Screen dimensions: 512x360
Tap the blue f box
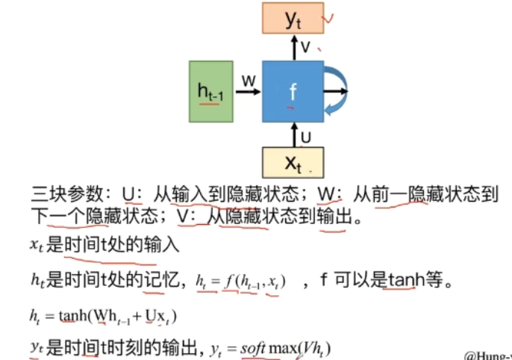(x=293, y=92)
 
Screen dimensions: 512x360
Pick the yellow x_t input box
(x=293, y=162)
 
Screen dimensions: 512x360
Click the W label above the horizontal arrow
(x=249, y=78)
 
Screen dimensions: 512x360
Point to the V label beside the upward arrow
(x=305, y=47)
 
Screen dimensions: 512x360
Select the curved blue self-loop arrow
(x=337, y=91)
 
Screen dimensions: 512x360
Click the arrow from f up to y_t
(x=293, y=47)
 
